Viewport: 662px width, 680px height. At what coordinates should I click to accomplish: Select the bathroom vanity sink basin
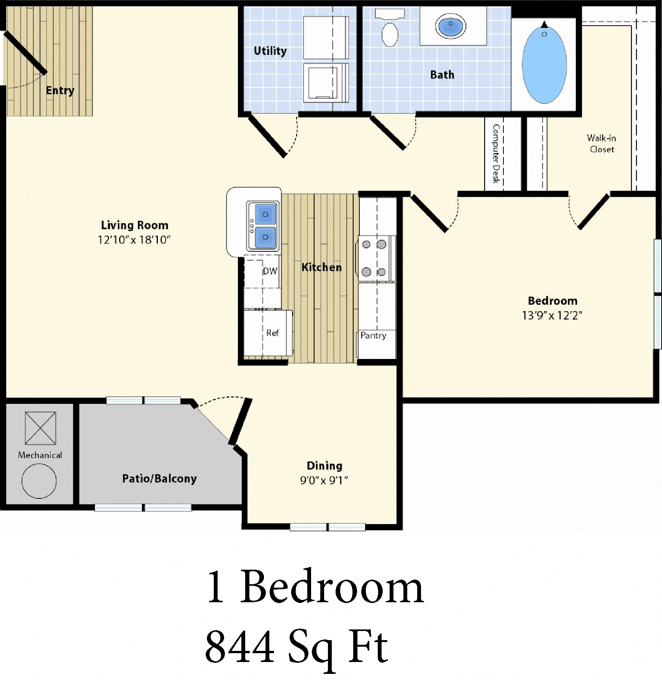(451, 26)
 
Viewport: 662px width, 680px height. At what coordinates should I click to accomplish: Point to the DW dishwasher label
(270, 271)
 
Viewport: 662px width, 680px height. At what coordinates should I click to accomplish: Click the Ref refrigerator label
(272, 333)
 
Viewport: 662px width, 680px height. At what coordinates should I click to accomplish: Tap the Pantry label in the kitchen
(373, 336)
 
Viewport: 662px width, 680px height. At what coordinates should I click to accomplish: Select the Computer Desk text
(496, 154)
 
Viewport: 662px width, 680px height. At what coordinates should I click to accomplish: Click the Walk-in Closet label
(601, 143)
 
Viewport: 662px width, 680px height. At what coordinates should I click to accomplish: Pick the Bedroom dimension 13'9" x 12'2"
(552, 315)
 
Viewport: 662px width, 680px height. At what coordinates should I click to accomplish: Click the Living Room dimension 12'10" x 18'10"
(134, 240)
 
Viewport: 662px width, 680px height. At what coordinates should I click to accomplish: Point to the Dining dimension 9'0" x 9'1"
(324, 480)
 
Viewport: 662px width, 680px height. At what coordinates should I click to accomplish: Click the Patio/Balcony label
(159, 478)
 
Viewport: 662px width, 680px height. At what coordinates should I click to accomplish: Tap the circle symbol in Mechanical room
(39, 481)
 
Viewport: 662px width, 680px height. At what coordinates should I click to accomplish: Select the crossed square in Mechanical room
(40, 428)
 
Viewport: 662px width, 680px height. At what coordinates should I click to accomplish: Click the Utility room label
(270, 51)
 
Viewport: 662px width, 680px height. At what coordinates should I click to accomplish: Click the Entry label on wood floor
(60, 91)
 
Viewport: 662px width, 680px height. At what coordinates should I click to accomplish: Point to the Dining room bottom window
(328, 527)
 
